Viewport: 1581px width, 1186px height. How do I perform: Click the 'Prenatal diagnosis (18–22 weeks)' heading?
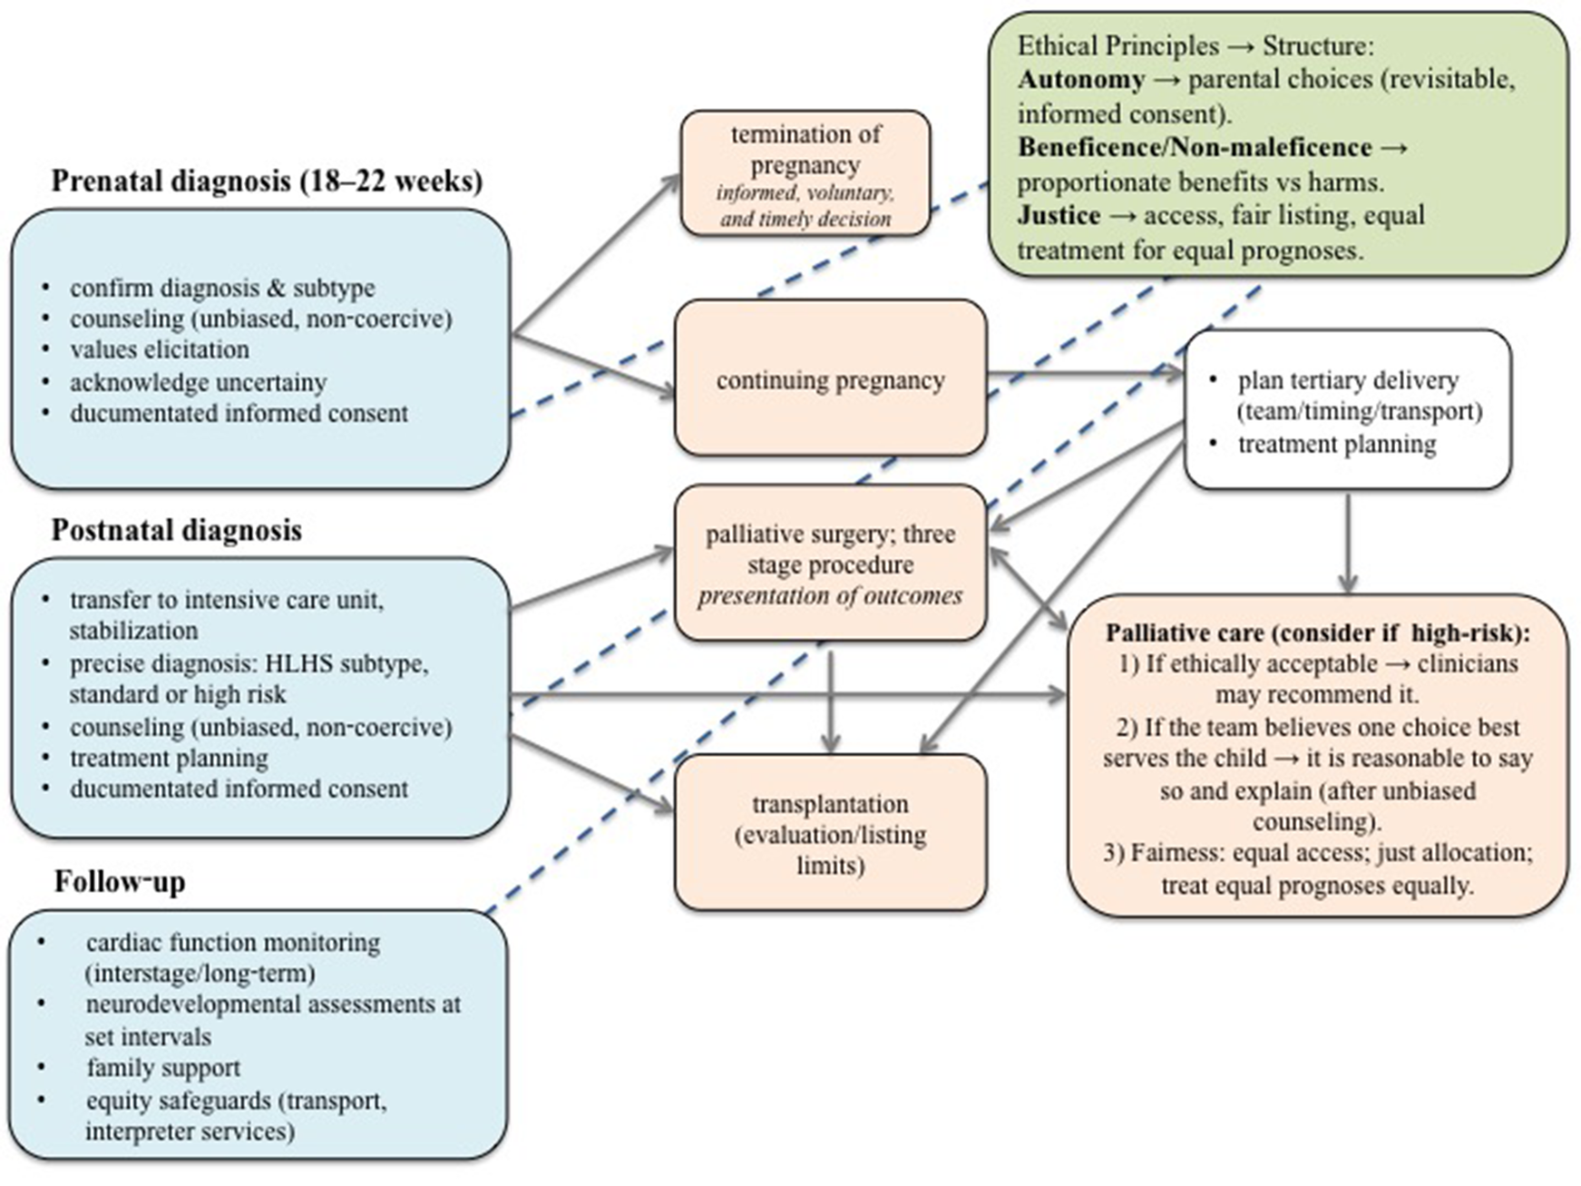(266, 181)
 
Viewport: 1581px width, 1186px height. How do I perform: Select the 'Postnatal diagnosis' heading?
(176, 529)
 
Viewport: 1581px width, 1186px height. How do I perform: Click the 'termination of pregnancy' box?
(805, 172)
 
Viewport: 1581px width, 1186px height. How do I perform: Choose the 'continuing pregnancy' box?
(830, 379)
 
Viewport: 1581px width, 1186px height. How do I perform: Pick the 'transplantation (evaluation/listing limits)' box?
(830, 833)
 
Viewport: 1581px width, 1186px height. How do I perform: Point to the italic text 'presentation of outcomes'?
(830, 596)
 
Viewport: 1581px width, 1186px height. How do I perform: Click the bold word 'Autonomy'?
(1080, 80)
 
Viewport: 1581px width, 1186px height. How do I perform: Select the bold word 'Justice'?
(1058, 215)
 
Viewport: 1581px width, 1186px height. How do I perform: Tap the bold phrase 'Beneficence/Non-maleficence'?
(1194, 147)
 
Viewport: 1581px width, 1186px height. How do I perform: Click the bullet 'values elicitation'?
(159, 349)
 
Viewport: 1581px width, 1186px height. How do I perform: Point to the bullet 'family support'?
(163, 1067)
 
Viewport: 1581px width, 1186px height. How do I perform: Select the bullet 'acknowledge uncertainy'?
(198, 382)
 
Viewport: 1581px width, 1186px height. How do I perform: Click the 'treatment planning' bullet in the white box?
(1336, 444)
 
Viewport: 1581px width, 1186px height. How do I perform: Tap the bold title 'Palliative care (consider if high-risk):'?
(1317, 632)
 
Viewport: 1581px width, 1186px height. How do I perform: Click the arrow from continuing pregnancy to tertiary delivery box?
(1084, 372)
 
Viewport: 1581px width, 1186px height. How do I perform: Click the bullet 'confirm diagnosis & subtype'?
(222, 288)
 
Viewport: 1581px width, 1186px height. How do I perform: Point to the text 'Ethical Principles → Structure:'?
(1196, 45)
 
